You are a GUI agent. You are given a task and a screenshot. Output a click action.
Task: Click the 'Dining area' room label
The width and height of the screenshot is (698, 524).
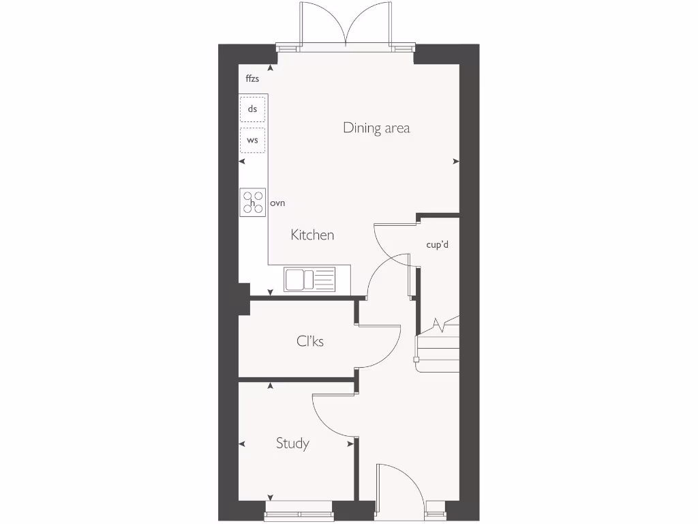[376, 128]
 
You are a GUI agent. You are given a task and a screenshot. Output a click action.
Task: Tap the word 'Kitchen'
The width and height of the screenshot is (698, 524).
[312, 235]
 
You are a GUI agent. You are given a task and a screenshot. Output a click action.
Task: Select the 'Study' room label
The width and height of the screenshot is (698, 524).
[292, 443]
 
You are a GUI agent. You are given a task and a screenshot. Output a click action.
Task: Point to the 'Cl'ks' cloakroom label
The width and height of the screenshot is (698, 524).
[310, 341]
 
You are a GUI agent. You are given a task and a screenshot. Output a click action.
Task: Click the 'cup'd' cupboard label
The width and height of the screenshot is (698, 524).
[437, 245]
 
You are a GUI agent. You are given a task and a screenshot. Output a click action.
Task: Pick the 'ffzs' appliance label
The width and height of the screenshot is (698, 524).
[252, 79]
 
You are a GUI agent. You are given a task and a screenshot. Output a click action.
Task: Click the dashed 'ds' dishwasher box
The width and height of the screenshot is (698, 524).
[252, 109]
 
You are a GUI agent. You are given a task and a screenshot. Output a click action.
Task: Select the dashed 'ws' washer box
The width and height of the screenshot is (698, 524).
[252, 140]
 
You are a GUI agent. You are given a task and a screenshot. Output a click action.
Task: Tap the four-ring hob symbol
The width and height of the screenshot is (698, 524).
[252, 203]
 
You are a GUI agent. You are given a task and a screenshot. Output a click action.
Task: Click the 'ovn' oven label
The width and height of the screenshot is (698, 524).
[277, 203]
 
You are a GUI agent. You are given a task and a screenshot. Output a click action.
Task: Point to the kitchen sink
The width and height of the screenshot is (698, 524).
[310, 279]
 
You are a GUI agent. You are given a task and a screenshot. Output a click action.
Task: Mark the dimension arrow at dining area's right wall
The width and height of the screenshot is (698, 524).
[456, 161]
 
